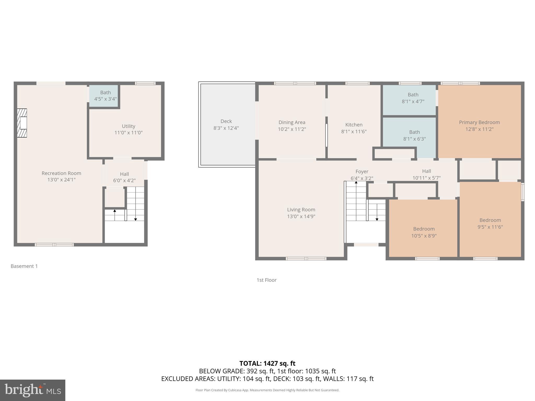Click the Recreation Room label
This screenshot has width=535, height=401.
pyautogui.click(x=61, y=173)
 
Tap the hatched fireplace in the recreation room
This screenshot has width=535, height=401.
pyautogui.click(x=22, y=123)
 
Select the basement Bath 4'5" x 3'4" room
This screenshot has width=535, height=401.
pyautogui.click(x=105, y=96)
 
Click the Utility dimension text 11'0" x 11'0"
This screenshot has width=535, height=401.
pyautogui.click(x=128, y=133)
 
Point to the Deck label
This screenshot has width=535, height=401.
pyautogui.click(x=226, y=121)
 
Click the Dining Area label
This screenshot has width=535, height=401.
pyautogui.click(x=292, y=122)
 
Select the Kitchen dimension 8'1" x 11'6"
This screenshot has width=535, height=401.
pyautogui.click(x=354, y=132)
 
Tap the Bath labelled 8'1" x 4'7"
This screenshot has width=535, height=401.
pyautogui.click(x=413, y=98)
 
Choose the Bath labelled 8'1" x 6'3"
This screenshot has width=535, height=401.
pyautogui.click(x=414, y=135)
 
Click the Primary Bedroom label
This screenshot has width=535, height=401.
pyautogui.click(x=479, y=122)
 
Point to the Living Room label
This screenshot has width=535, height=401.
pyautogui.click(x=301, y=209)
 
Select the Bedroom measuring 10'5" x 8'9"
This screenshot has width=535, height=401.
pyautogui.click(x=424, y=232)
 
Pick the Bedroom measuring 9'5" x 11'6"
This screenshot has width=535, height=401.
pyautogui.click(x=490, y=223)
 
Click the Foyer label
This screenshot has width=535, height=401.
pyautogui.click(x=362, y=172)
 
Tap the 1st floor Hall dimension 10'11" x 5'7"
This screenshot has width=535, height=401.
pyautogui.click(x=426, y=178)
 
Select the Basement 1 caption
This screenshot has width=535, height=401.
pyautogui.click(x=24, y=266)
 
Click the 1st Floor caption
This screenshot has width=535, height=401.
pyautogui.click(x=266, y=280)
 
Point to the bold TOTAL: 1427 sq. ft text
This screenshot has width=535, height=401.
pyautogui.click(x=267, y=363)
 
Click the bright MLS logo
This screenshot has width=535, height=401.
pyautogui.click(x=33, y=390)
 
